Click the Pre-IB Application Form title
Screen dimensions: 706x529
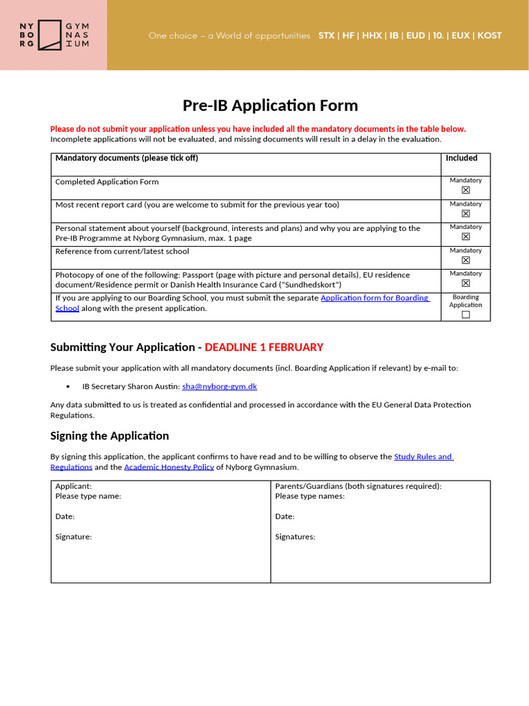point(270,105)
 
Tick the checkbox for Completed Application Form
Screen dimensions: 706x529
point(466,190)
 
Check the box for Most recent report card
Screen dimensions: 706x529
point(466,213)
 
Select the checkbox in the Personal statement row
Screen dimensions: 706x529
point(466,236)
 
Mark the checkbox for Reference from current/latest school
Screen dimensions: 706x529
point(466,260)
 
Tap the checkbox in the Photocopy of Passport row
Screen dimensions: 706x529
point(466,283)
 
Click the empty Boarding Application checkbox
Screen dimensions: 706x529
point(466,314)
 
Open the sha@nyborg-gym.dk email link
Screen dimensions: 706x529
point(219,387)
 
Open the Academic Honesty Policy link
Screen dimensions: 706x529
point(169,467)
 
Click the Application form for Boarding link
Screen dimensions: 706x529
point(375,298)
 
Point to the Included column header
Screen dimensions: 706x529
point(461,158)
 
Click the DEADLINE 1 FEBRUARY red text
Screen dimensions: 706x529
point(264,347)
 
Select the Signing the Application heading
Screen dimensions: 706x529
point(110,436)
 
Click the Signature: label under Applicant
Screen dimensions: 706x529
point(73,536)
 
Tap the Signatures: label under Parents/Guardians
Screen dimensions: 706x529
point(295,536)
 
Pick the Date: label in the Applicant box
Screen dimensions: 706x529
point(65,516)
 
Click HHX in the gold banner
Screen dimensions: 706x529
point(372,35)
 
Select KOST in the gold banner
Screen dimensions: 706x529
point(489,35)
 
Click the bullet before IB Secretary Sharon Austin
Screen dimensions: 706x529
point(68,387)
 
